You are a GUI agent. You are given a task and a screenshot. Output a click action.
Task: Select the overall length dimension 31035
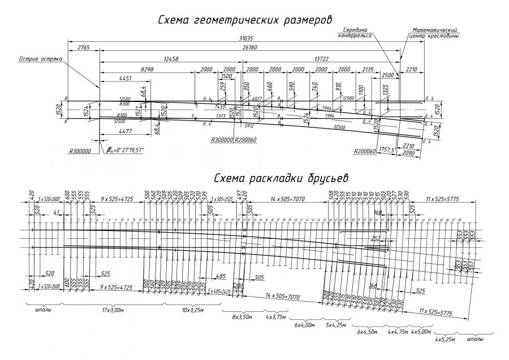(x=245, y=39)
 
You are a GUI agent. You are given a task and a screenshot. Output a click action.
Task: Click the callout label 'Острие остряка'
(x=40, y=58)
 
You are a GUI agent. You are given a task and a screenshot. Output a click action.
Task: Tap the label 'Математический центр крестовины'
(x=434, y=32)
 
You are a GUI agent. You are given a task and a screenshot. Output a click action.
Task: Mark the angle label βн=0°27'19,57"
(x=125, y=150)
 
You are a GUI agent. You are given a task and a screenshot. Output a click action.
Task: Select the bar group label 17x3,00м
(x=113, y=310)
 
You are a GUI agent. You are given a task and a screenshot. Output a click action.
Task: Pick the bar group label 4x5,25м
(x=445, y=340)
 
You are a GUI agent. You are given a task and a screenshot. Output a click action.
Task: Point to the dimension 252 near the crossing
(x=374, y=239)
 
